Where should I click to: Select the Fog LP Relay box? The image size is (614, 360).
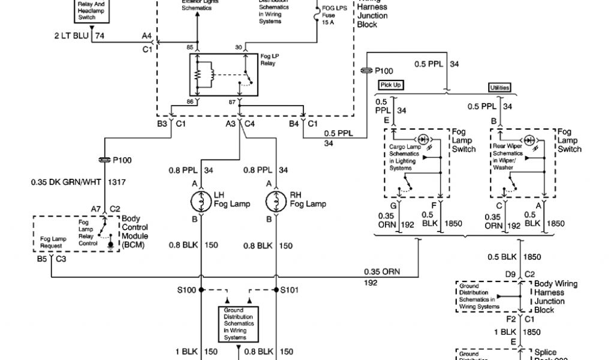pyautogui.click(x=222, y=74)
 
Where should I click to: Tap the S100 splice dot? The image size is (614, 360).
pyautogui.click(x=201, y=290)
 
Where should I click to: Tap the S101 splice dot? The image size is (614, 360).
pyautogui.click(x=276, y=290)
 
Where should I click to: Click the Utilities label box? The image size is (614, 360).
pyautogui.click(x=499, y=88)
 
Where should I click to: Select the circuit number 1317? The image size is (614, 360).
pyautogui.click(x=118, y=181)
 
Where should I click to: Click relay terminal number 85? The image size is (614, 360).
pyautogui.click(x=190, y=47)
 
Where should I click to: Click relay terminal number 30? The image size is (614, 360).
pyautogui.click(x=239, y=47)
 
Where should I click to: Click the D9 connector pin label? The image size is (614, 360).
pyautogui.click(x=510, y=274)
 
